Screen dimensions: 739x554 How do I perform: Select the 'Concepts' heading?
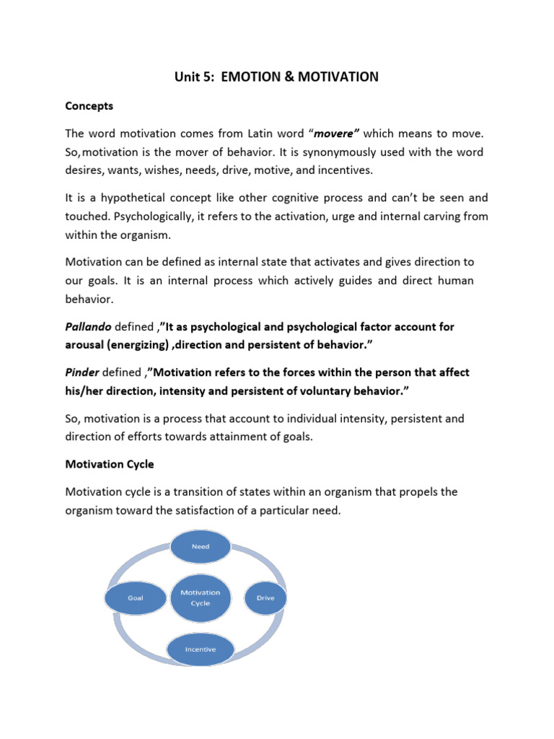(89, 106)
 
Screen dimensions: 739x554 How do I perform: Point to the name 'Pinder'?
(82, 372)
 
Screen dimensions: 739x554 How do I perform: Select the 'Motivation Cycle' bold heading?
(109, 464)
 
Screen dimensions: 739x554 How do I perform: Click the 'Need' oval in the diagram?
(201, 546)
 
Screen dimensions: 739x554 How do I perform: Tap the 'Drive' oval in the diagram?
(265, 598)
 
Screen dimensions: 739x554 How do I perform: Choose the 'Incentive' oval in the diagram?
(200, 649)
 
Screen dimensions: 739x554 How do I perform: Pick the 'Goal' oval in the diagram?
(135, 598)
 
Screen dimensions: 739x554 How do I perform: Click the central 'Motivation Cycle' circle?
(201, 598)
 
